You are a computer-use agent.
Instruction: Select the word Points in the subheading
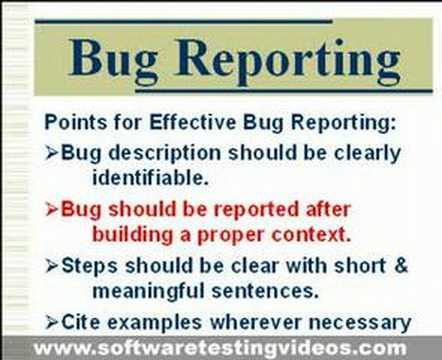click(x=74, y=124)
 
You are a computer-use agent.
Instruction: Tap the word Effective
click(x=177, y=124)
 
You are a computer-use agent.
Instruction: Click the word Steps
click(x=88, y=267)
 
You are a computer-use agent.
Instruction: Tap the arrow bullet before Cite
click(x=52, y=322)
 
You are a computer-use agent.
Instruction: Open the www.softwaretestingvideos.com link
click(x=221, y=348)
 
